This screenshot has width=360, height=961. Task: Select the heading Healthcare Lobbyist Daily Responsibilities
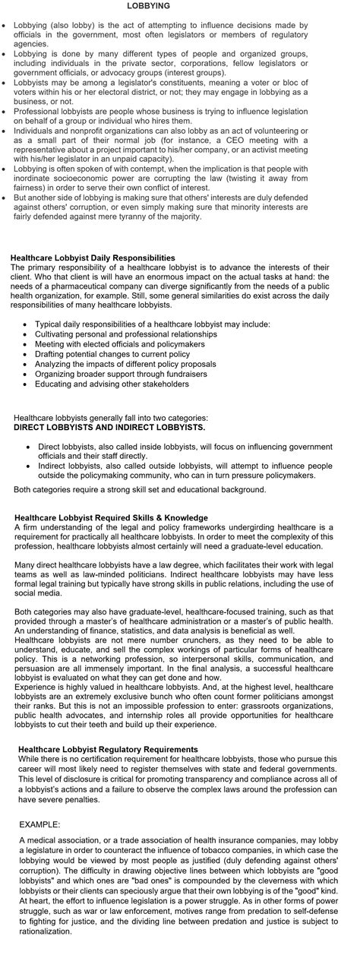(93, 258)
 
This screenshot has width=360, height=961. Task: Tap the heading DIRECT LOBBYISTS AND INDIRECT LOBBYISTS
(109, 427)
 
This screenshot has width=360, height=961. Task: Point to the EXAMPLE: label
(39, 823)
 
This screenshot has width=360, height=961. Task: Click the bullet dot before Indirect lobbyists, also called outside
(29, 466)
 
